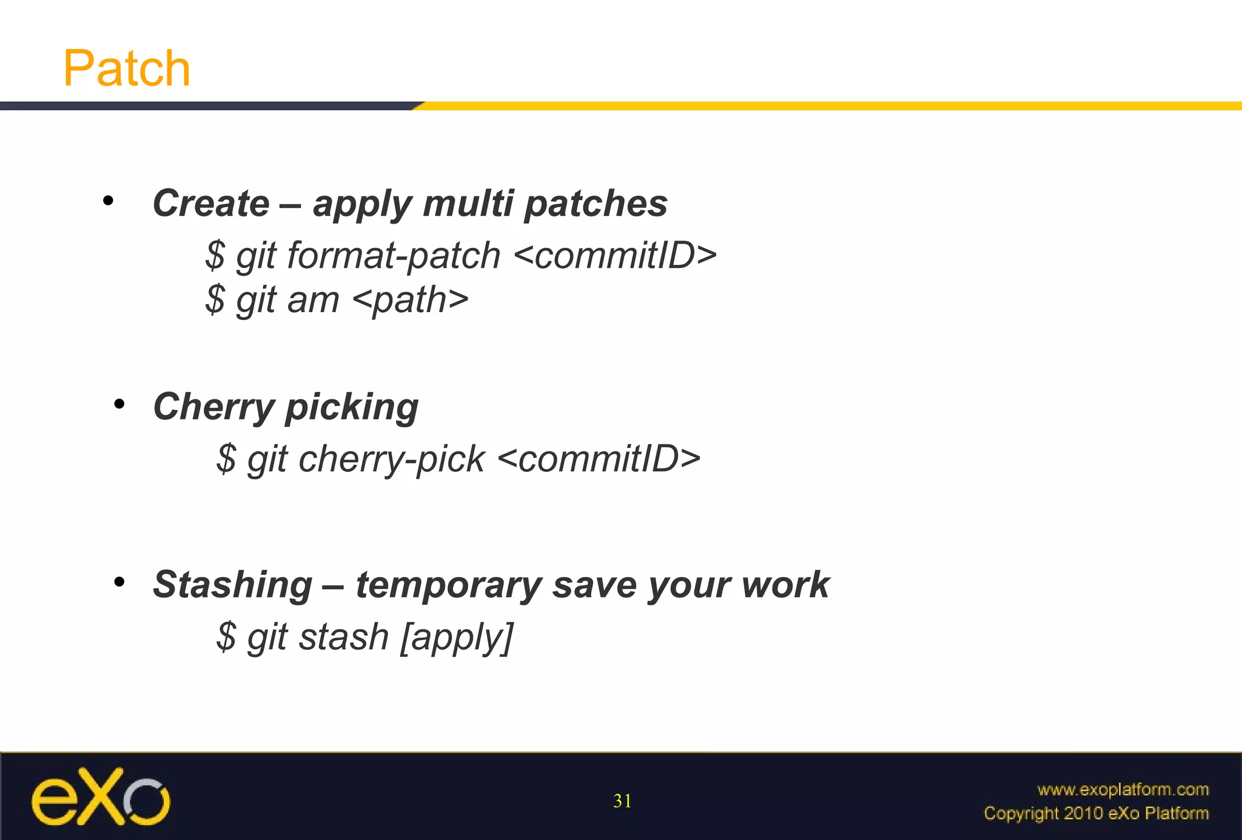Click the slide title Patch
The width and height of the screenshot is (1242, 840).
[127, 68]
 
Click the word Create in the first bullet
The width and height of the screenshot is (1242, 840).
[211, 203]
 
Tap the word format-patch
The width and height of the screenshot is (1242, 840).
[393, 256]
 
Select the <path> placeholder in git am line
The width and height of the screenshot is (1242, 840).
[410, 300]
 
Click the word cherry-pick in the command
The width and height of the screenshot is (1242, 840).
[391, 459]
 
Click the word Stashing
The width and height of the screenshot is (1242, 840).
[232, 585]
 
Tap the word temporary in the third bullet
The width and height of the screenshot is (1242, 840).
[448, 585]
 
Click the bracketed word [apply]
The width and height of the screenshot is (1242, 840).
[456, 638]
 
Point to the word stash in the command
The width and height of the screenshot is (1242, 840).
[343, 638]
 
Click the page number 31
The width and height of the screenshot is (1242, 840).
[622, 801]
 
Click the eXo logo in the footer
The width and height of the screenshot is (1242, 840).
[101, 797]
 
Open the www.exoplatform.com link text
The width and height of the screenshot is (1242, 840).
[1123, 790]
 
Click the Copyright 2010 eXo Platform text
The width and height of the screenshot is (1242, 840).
[1096, 813]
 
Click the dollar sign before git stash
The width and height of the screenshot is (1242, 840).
[226, 638]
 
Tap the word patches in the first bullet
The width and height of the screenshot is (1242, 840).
[596, 204]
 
